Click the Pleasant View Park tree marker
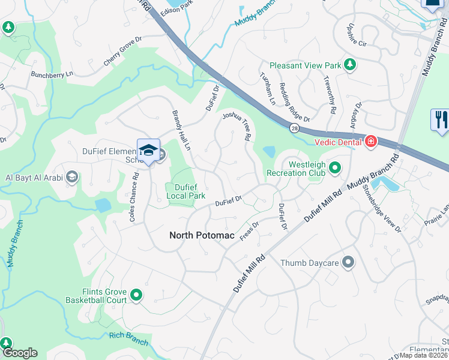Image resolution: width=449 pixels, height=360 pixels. click(x=349, y=65)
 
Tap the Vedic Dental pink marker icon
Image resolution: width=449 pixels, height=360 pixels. click(x=371, y=142)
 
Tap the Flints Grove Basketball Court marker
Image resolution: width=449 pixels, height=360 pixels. click(x=136, y=295)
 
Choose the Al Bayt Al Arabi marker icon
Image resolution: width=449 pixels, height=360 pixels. click(x=72, y=176)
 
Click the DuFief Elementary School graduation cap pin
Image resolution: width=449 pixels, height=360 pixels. click(x=148, y=151)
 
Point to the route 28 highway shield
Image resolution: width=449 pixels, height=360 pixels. click(x=293, y=128)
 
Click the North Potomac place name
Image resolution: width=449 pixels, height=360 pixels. click(x=202, y=235)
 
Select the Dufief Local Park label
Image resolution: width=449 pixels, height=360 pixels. click(x=185, y=191)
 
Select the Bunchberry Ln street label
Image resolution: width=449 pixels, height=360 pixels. click(x=52, y=74)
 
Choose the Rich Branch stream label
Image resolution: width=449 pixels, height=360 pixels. click(x=129, y=339)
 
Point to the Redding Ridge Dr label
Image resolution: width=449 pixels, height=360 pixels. click(x=294, y=103)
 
